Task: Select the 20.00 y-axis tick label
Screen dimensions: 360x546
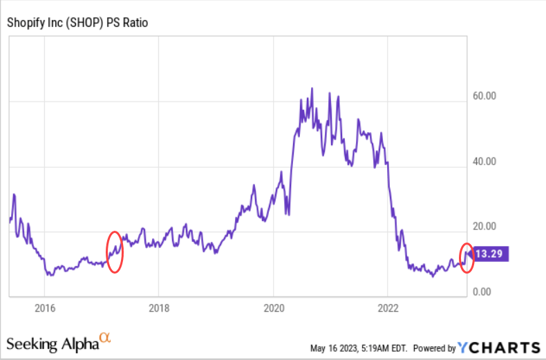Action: [484, 226]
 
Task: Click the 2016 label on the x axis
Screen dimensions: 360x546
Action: [44, 308]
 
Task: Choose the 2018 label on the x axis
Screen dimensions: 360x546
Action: [159, 308]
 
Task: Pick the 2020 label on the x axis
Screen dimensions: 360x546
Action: [274, 308]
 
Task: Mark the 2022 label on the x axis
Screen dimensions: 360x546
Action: [388, 308]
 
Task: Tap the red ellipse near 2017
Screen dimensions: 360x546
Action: [115, 252]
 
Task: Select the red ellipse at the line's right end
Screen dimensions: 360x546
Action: [467, 258]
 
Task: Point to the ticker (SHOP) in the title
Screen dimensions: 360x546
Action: [88, 23]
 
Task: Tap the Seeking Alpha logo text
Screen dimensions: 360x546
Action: [52, 344]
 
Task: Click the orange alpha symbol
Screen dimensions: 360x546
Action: [105, 337]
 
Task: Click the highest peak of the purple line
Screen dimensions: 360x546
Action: [312, 88]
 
